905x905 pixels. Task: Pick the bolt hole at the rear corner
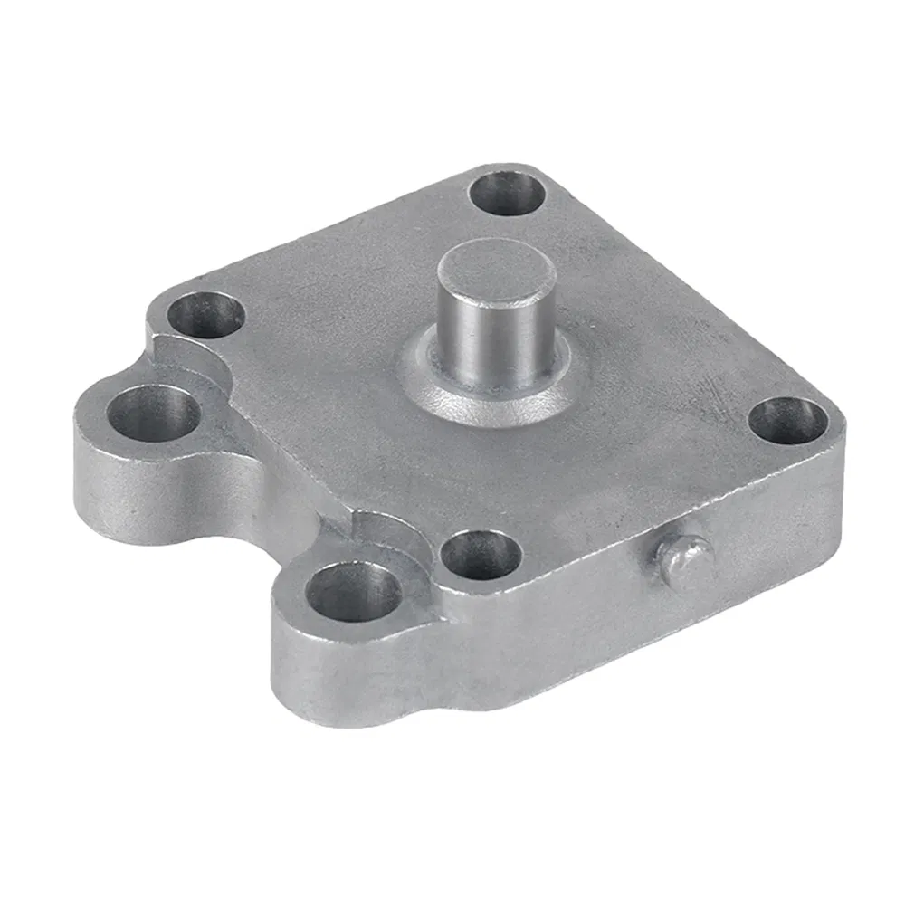point(508,192)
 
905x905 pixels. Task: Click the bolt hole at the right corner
point(788,420)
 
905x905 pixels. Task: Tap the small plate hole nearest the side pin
point(481,554)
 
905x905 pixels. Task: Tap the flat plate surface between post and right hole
point(661,398)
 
